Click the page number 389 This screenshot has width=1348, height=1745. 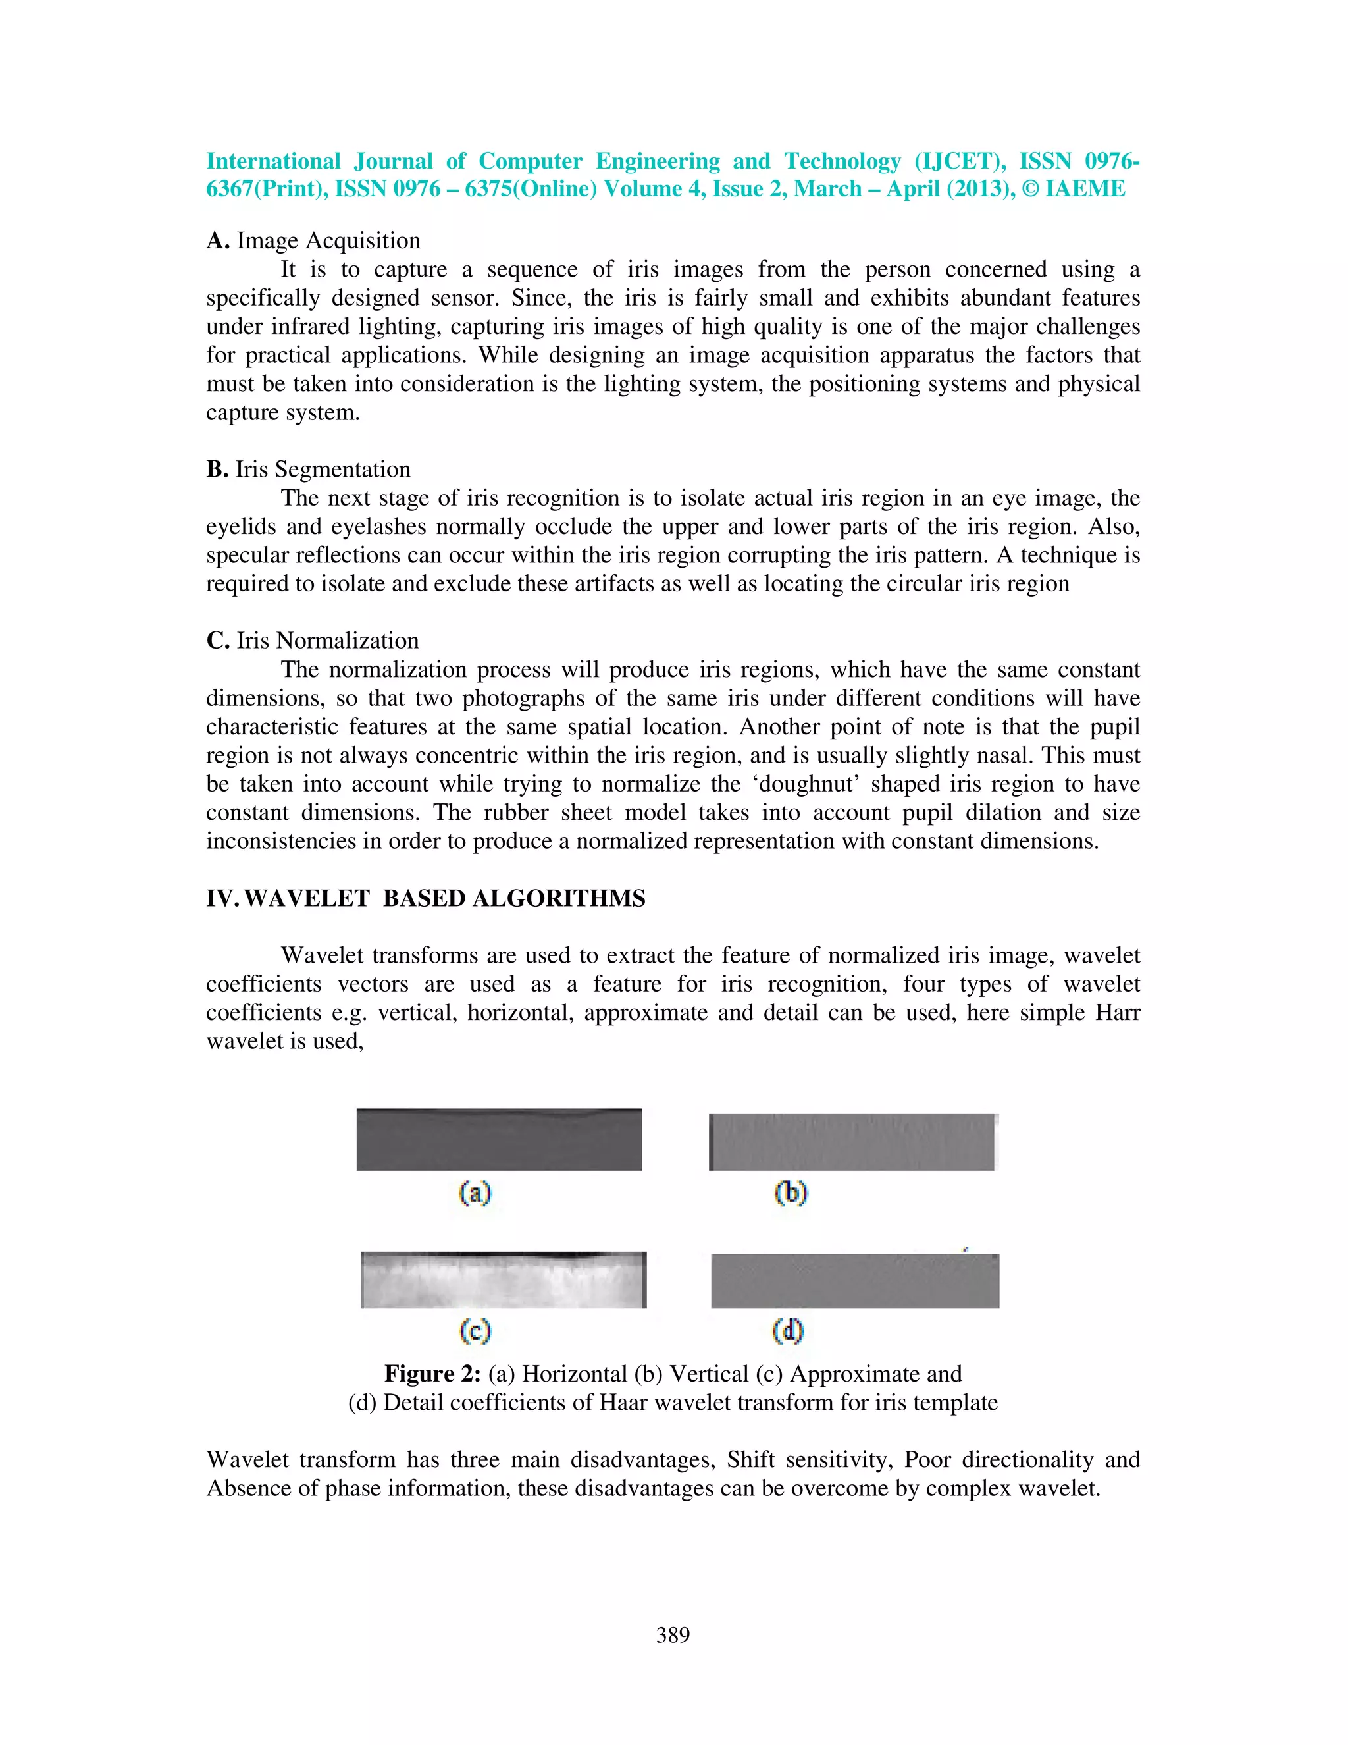tap(673, 1636)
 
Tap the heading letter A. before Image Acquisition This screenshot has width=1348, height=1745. tap(218, 240)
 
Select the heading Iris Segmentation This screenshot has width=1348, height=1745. tap(323, 469)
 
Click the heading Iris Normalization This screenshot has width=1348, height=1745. tap(327, 641)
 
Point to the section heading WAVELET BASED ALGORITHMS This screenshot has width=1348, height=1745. tap(444, 899)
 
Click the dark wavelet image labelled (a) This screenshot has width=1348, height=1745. tap(499, 1139)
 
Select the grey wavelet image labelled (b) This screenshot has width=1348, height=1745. tap(853, 1142)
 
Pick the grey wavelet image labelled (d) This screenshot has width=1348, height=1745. tap(854, 1281)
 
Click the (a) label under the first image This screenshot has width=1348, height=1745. tap(475, 1193)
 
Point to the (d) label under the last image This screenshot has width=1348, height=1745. tap(787, 1330)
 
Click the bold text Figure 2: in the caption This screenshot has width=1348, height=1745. tap(432, 1374)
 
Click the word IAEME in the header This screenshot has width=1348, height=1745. tap(1085, 190)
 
